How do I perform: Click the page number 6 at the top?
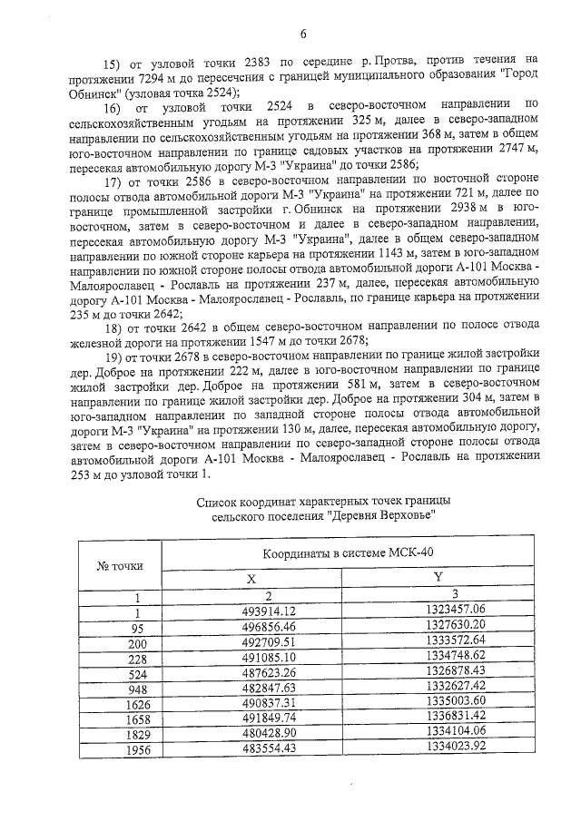[x=302, y=34]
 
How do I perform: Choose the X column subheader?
[x=251, y=578]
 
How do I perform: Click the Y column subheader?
[x=437, y=578]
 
